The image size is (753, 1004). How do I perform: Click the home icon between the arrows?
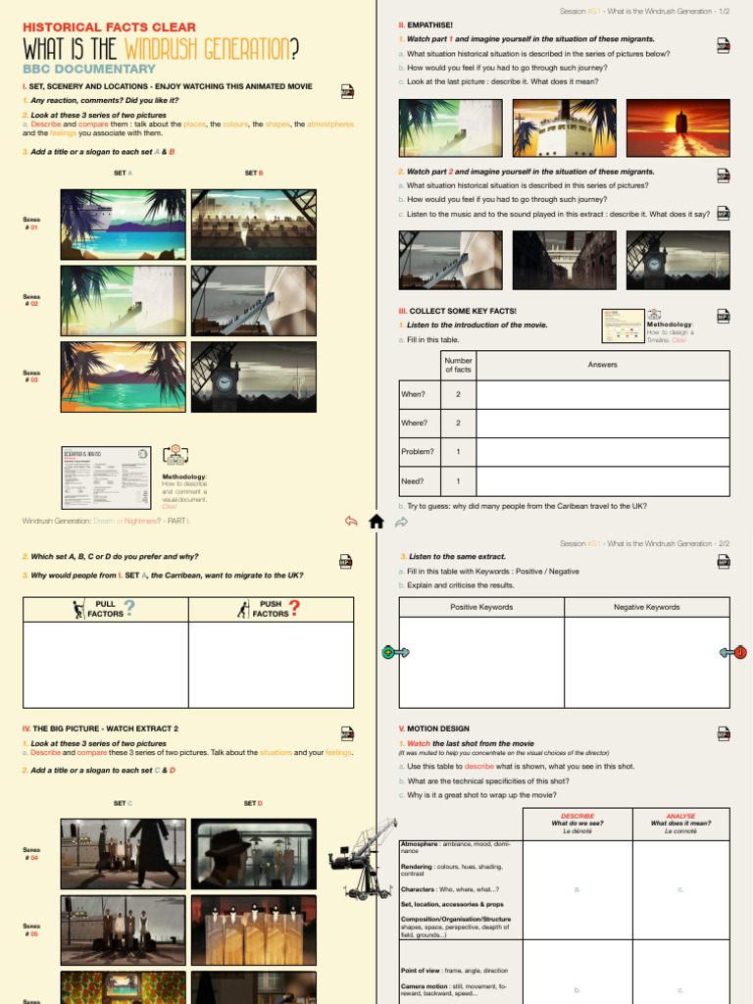point(376,522)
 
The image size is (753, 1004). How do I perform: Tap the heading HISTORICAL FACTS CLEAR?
point(109,27)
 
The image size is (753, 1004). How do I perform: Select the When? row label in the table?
point(413,394)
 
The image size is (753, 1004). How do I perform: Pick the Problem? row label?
point(417,452)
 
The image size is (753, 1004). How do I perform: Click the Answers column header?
point(602,365)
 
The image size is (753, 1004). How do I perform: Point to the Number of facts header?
point(458,365)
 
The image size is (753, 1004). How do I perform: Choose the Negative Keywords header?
point(646,607)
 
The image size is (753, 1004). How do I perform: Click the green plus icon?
point(389,651)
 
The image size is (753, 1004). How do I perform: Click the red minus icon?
point(739,651)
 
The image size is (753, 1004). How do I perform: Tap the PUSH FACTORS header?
point(269,609)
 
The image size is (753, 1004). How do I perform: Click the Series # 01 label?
point(31,223)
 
